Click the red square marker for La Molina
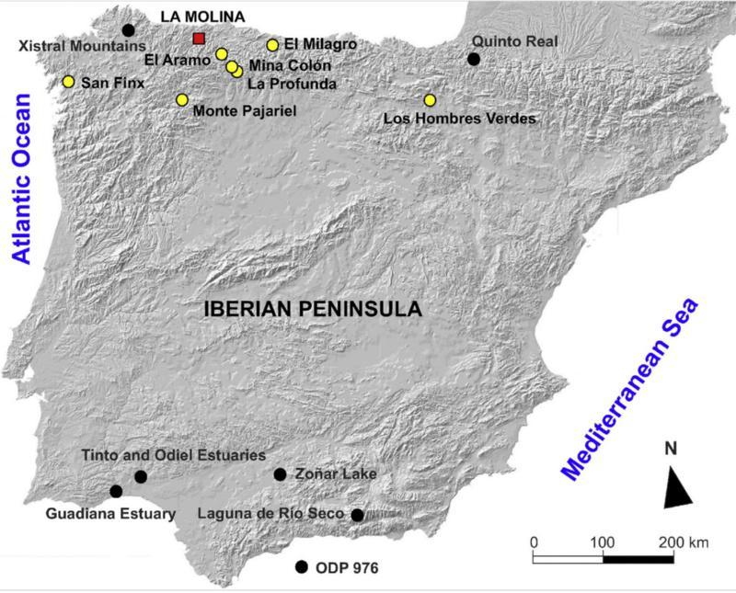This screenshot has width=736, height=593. (199, 39)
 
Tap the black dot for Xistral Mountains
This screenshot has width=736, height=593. (128, 29)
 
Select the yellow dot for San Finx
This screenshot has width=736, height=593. (68, 82)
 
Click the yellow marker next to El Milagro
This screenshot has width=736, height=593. (272, 44)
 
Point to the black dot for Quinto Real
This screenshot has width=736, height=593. (473, 59)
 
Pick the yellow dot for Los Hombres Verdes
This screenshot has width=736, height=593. (430, 100)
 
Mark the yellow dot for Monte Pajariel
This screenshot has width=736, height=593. (182, 99)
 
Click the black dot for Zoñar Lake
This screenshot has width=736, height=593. (280, 474)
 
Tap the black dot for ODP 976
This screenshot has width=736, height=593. (300, 567)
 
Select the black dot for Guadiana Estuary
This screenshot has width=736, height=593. (116, 492)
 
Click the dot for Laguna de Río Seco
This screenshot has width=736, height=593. (357, 515)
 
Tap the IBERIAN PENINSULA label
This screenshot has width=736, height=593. (312, 310)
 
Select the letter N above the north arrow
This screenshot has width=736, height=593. (671, 449)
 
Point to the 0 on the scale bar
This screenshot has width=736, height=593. (534, 542)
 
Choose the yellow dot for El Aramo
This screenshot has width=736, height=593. (222, 54)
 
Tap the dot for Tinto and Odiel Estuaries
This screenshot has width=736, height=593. (141, 476)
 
